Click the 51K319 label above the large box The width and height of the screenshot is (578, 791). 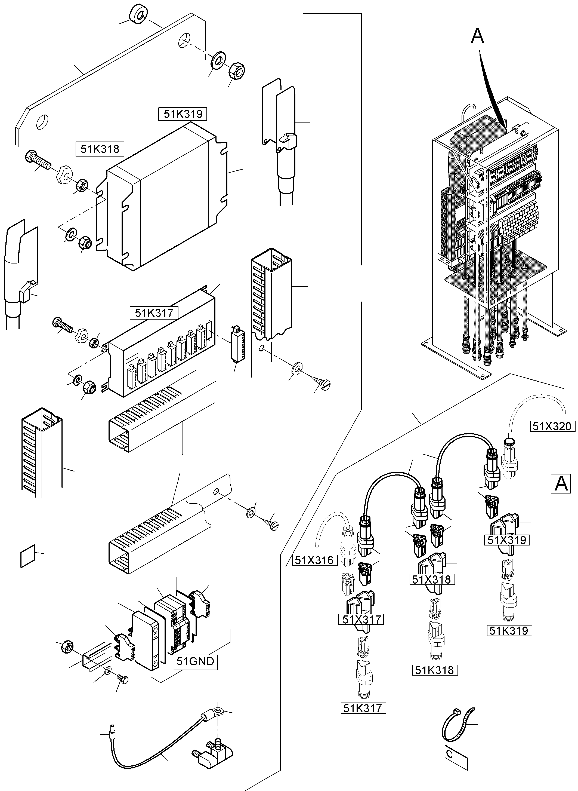point(183,114)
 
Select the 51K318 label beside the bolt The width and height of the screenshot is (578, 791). point(100,149)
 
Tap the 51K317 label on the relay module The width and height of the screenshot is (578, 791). point(154,313)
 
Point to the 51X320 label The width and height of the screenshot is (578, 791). point(552,427)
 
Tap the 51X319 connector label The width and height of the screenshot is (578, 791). point(507,540)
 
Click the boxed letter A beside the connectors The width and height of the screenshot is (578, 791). point(561,484)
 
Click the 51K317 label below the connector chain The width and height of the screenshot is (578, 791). point(363,708)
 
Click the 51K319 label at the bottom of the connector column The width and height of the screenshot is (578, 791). point(509,631)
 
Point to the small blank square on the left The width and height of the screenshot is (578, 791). point(28,556)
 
